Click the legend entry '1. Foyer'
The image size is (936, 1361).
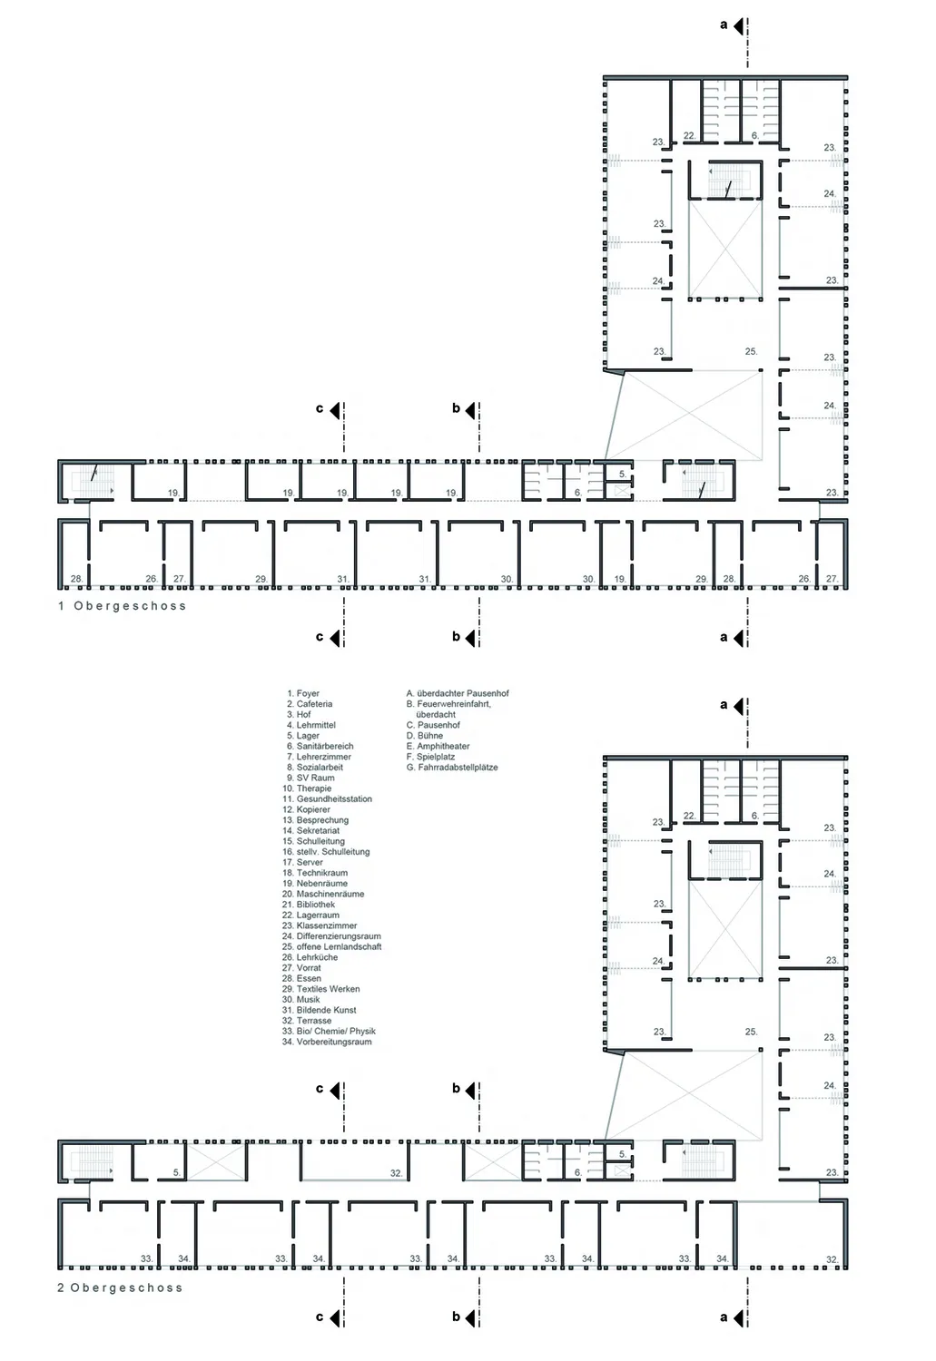[303, 693]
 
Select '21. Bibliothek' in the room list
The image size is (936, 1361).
[309, 905]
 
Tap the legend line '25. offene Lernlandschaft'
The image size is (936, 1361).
[332, 946]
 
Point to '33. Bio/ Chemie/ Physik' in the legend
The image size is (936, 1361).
[329, 1031]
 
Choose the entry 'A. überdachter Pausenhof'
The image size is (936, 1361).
[458, 693]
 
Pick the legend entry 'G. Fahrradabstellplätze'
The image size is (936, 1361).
[452, 768]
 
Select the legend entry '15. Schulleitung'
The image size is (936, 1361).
[313, 841]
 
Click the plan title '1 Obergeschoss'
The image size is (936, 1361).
[123, 606]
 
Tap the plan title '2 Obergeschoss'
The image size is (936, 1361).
[121, 1288]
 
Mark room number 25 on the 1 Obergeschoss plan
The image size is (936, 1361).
[751, 352]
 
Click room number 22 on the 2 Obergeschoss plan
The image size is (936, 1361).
[689, 816]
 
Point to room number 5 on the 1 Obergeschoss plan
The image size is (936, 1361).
[623, 474]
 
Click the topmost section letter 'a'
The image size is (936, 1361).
[724, 24]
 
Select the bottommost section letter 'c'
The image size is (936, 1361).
[320, 1317]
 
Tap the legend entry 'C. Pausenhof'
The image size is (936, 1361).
[433, 725]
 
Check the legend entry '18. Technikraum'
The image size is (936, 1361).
[315, 873]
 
